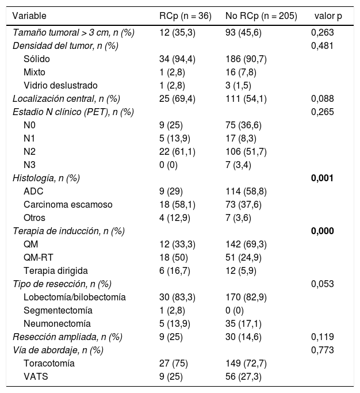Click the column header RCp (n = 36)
(184, 16)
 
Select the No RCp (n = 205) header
(262, 16)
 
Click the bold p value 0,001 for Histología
(322, 178)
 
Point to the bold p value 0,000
(322, 231)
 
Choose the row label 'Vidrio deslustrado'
(61, 85)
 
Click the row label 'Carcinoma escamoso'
(68, 204)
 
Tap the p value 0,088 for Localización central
(322, 98)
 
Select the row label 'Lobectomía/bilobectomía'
(75, 297)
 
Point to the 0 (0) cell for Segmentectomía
(237, 310)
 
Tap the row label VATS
(36, 376)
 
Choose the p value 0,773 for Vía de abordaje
(322, 350)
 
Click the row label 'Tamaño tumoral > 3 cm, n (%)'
(74, 33)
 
